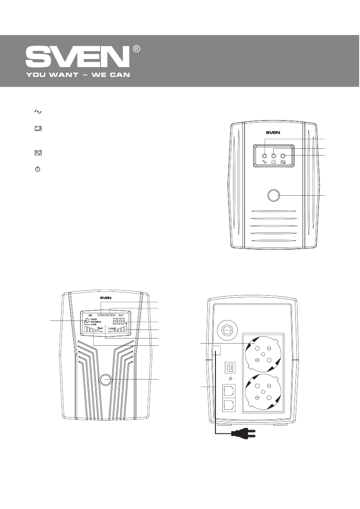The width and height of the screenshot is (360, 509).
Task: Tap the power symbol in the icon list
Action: (38, 170)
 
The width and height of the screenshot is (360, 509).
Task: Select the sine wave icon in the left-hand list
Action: (38, 112)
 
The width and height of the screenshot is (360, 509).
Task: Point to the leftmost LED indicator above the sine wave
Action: (265, 156)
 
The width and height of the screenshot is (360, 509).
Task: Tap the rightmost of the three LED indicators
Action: (283, 156)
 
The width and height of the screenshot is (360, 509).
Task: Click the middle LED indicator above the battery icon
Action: (274, 156)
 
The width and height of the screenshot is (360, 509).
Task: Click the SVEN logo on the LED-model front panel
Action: (274, 132)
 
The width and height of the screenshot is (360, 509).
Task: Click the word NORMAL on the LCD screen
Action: (97, 322)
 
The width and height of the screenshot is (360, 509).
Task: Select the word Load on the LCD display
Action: (112, 329)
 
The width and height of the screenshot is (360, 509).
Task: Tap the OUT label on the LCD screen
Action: (121, 315)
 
